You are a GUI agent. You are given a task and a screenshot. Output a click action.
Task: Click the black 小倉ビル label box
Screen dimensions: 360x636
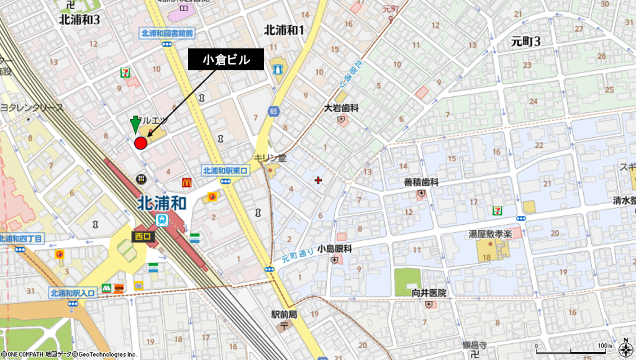click(226, 60)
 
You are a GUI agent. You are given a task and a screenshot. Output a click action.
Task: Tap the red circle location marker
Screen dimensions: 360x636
click(140, 143)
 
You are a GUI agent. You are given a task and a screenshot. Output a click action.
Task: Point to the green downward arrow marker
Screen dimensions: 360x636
click(135, 124)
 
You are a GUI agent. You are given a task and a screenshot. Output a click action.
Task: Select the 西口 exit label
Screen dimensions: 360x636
click(142, 236)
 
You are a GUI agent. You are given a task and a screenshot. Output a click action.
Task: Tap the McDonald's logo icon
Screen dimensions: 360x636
click(186, 182)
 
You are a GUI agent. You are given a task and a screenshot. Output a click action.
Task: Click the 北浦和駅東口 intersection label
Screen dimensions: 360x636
click(225, 171)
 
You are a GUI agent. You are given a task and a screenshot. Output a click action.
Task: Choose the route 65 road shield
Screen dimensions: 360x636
click(273, 110)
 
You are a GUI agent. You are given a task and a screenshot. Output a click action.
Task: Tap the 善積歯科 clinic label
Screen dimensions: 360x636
click(421, 182)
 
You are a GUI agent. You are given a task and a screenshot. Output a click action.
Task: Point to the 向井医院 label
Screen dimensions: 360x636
click(429, 292)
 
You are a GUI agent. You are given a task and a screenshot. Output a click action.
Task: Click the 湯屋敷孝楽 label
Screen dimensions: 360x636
click(490, 235)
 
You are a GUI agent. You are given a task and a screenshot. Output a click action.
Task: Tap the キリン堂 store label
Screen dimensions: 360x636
click(270, 158)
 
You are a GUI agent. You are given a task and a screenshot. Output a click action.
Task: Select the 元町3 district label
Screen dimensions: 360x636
click(525, 42)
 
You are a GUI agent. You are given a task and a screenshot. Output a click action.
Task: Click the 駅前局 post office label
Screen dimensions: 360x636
click(284, 315)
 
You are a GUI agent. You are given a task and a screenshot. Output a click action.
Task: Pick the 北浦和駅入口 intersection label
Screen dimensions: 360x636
click(73, 293)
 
